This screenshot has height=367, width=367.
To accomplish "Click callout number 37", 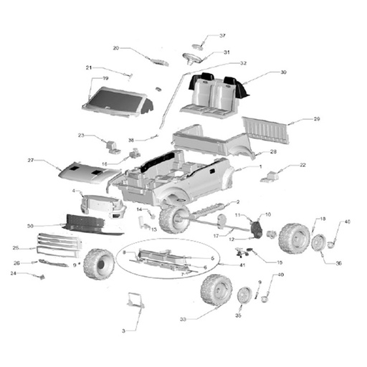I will coord(222,36).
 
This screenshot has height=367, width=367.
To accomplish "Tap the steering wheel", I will coord(192,57).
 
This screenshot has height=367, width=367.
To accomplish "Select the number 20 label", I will coord(115,49).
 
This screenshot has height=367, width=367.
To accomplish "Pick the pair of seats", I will coord(213,95).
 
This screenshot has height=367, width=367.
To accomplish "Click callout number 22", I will coord(302,165).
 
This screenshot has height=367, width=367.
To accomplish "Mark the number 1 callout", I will coord(261,166).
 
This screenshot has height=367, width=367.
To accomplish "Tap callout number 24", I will coord(13,272).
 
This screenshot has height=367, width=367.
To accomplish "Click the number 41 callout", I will coord(242,266).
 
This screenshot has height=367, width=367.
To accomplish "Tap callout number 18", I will coord(323,219).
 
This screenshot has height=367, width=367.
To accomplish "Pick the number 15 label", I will coord(280,262).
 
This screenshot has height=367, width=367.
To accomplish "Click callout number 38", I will coord(131,140).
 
